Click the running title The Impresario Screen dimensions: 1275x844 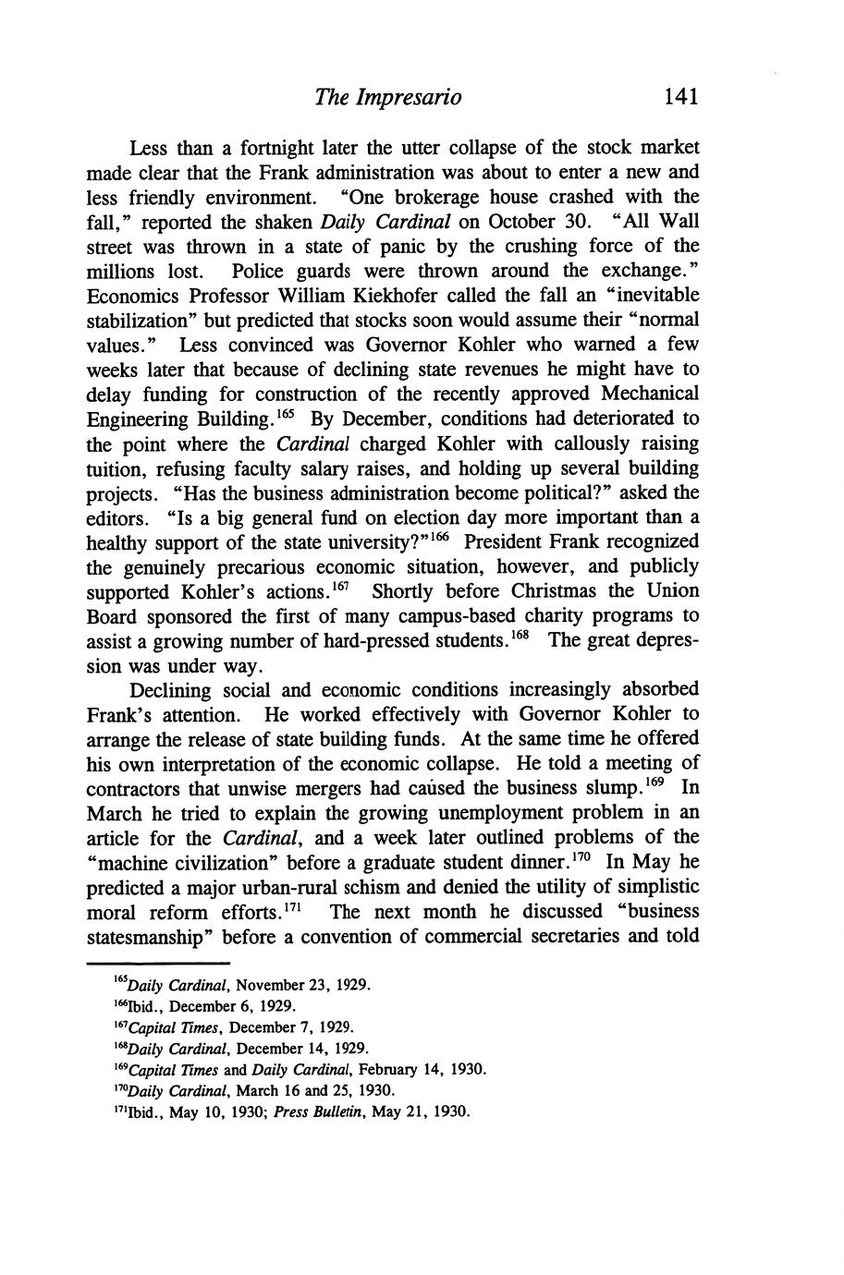click(x=387, y=97)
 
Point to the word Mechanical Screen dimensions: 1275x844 click(x=649, y=394)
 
